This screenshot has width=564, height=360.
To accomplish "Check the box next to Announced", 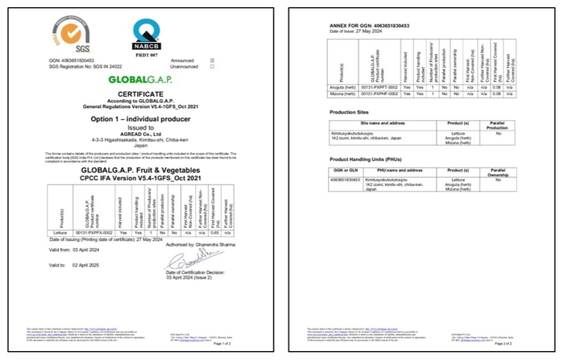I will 212,60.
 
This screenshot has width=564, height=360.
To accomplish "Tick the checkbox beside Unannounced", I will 212,66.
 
